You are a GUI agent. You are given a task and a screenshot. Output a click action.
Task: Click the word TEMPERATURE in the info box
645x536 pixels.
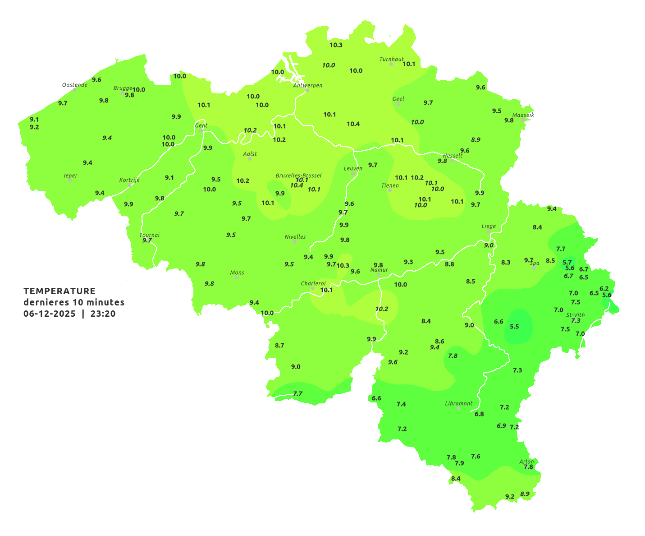(59, 291)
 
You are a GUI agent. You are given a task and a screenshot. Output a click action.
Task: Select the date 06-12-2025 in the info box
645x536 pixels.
(50, 314)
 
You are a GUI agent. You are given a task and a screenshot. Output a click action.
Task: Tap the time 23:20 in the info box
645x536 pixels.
(103, 314)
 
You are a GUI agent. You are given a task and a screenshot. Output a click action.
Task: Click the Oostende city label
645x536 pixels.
(74, 85)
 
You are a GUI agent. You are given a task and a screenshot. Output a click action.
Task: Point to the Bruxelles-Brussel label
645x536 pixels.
(298, 175)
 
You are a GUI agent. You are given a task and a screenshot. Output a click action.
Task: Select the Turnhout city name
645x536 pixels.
(391, 59)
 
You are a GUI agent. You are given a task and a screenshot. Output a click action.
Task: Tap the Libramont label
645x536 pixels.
(458, 403)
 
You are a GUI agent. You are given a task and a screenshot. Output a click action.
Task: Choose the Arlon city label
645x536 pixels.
(526, 461)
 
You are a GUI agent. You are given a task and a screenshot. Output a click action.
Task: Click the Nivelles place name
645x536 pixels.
(295, 237)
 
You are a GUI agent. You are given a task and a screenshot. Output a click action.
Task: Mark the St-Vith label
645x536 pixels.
(575, 315)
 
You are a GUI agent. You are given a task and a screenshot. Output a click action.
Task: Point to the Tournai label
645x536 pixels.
(149, 235)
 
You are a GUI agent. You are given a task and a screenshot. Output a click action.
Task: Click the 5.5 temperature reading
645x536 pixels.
(514, 327)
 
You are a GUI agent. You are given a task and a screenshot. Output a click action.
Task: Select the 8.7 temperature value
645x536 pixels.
(279, 346)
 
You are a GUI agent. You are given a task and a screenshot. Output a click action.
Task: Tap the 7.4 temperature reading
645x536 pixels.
(401, 404)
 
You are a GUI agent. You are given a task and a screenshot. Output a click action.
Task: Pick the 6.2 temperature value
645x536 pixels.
(604, 289)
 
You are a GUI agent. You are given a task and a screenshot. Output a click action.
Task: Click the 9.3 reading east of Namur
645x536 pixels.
(408, 262)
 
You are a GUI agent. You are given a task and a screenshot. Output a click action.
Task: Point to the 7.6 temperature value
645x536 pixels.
(476, 457)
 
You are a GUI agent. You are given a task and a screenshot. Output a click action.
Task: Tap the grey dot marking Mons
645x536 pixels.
(236, 277)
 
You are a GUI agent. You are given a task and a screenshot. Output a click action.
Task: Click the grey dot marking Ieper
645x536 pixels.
(70, 180)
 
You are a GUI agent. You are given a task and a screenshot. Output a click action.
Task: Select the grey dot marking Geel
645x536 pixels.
(398, 104)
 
